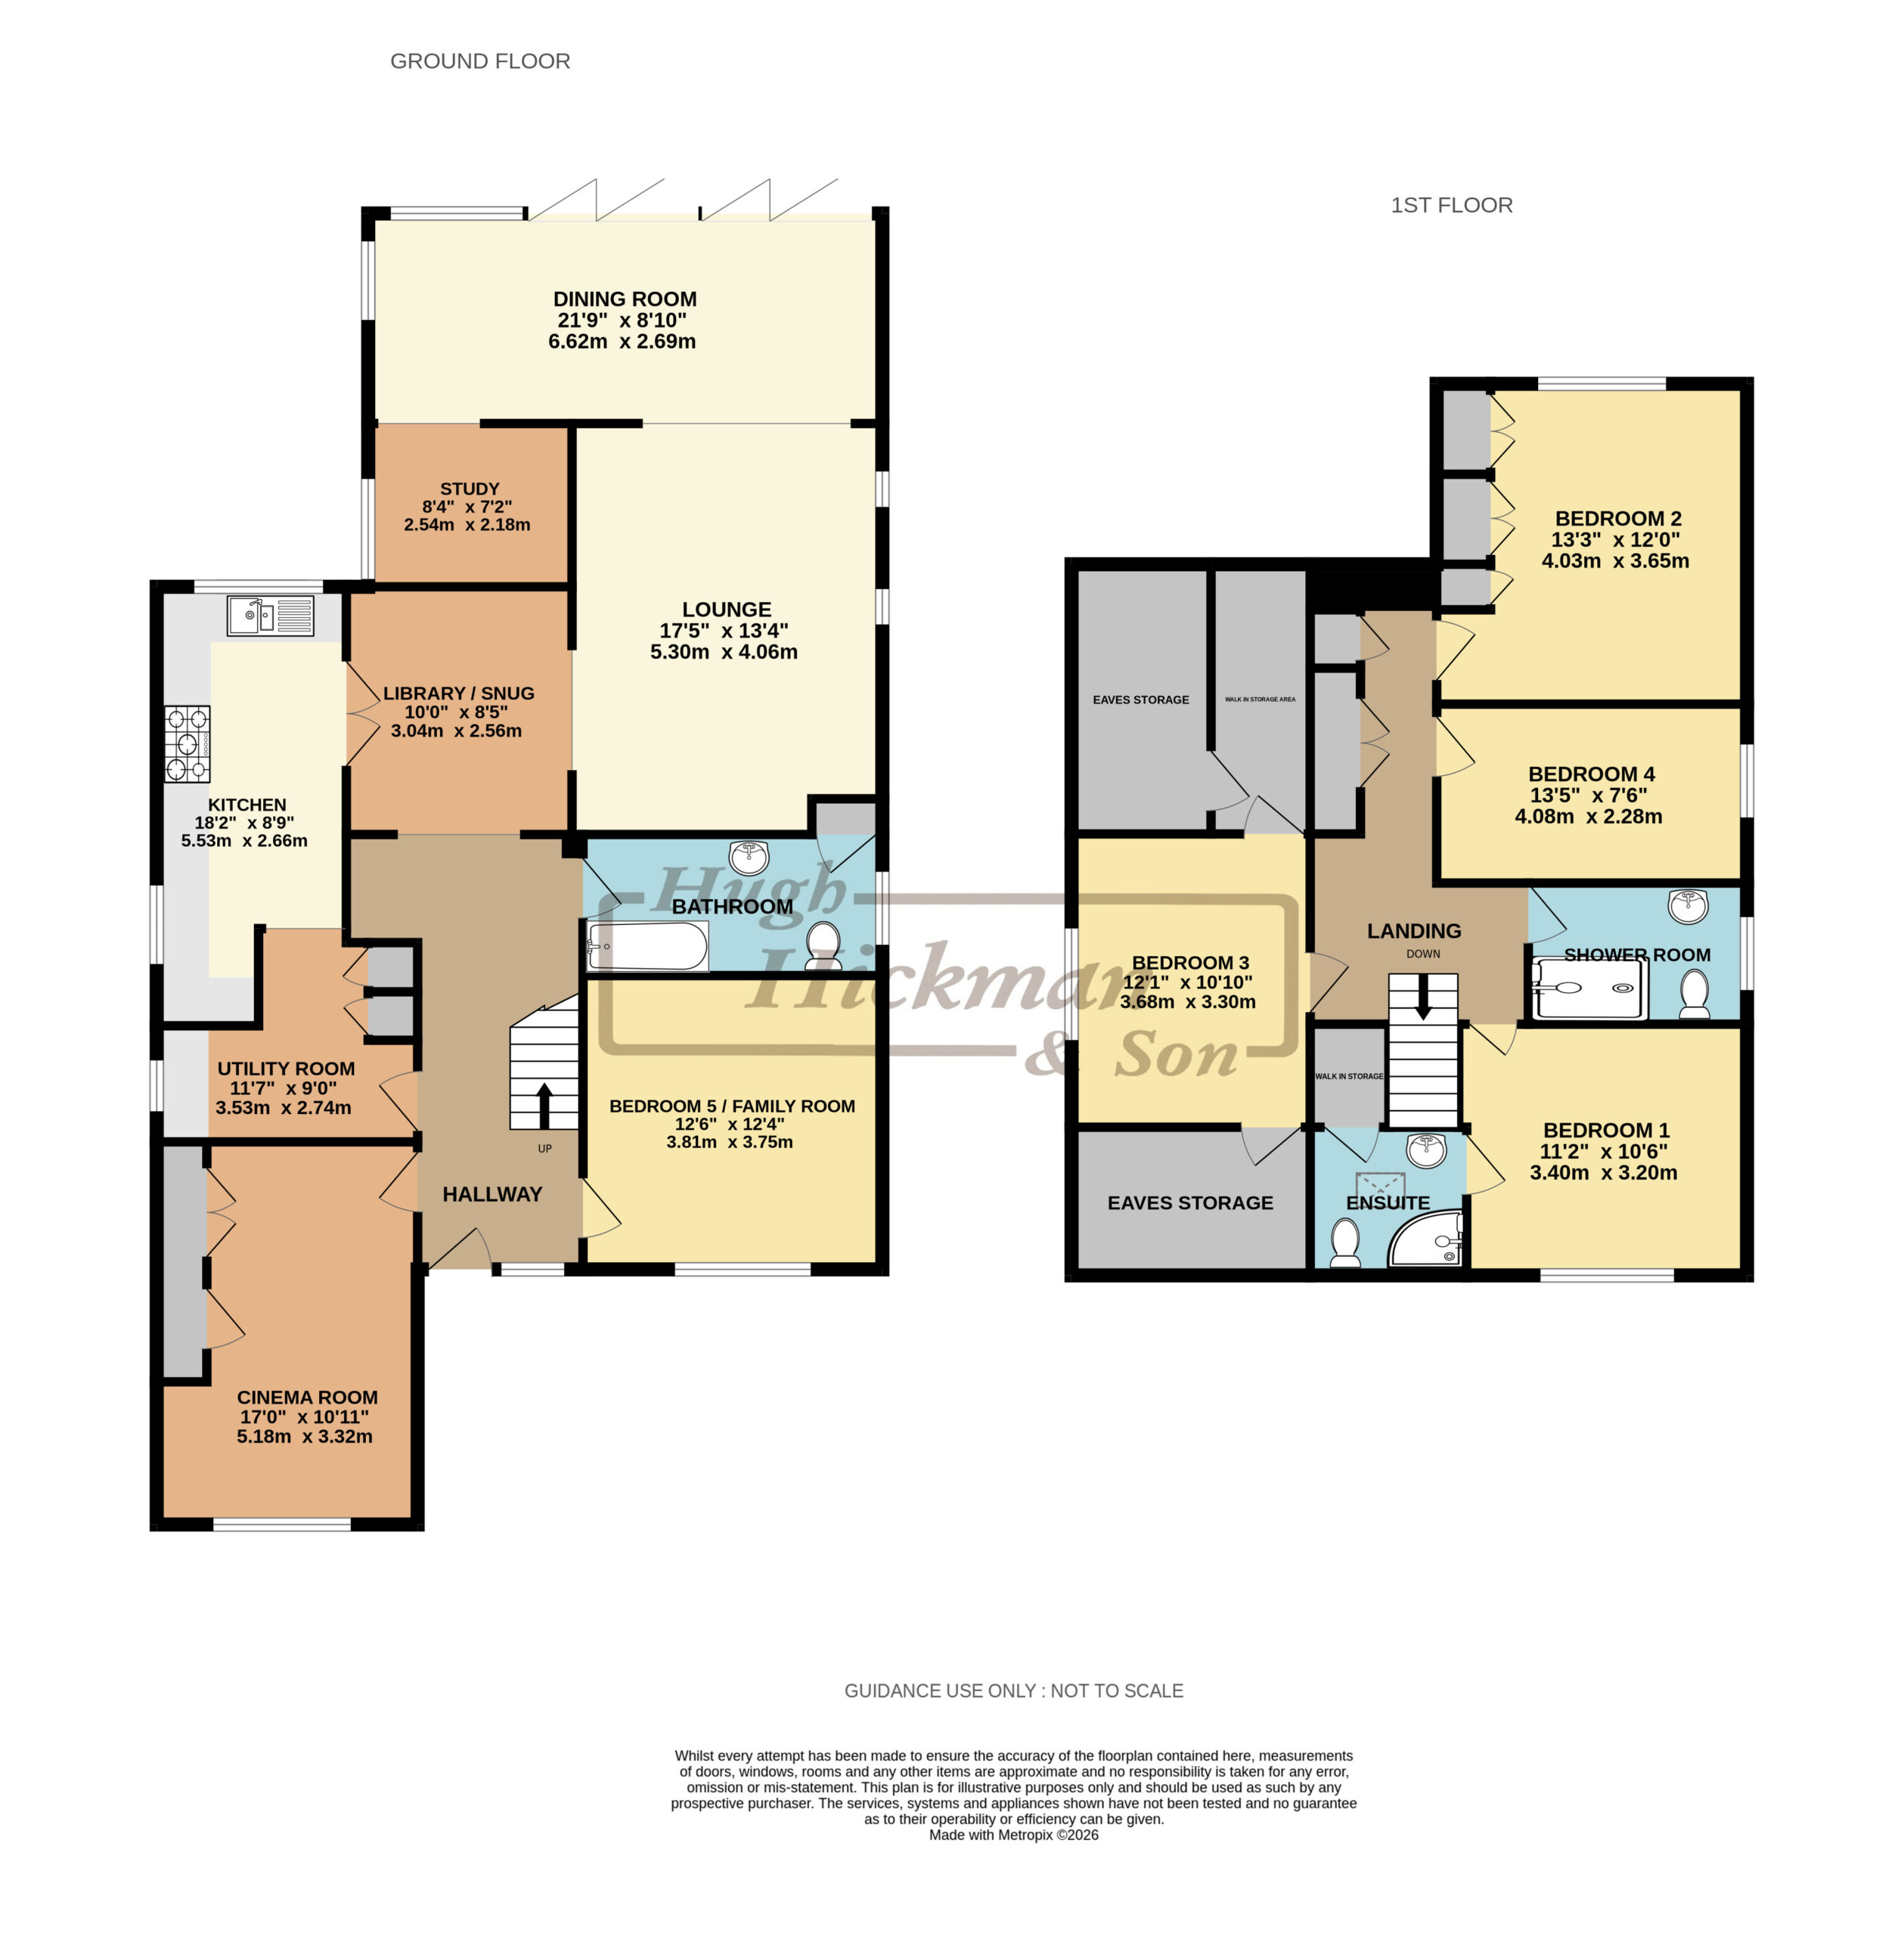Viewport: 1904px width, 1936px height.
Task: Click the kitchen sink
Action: tap(270, 616)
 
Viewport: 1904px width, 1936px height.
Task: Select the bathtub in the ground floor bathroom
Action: tap(648, 946)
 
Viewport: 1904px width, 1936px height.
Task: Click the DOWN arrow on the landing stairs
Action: tap(1423, 997)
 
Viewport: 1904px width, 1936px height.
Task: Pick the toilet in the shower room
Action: tap(1694, 995)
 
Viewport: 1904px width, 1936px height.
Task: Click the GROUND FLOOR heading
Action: tap(480, 61)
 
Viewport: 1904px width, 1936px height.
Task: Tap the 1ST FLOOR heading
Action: tap(1451, 205)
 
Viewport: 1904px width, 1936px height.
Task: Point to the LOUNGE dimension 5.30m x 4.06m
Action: tap(724, 652)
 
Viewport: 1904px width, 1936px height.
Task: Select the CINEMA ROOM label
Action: tap(307, 1397)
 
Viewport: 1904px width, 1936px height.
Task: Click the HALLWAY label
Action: tap(492, 1194)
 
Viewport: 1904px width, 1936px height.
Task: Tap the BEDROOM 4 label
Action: tap(1591, 774)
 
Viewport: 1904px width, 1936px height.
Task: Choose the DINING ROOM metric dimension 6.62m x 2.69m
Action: tap(622, 341)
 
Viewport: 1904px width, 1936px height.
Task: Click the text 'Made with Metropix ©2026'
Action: tap(1014, 1835)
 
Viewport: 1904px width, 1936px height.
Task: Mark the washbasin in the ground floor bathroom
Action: tap(750, 857)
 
